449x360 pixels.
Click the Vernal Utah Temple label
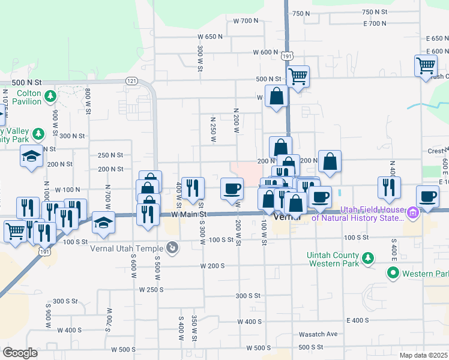point(127,248)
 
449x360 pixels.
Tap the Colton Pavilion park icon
point(50,95)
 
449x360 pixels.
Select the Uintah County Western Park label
point(333,259)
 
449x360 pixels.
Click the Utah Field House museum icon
point(413,212)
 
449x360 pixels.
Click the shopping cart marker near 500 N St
point(298,76)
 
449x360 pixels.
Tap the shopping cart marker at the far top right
point(426,66)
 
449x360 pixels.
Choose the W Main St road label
point(188,214)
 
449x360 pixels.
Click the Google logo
point(20,353)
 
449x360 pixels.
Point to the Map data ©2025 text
point(423,355)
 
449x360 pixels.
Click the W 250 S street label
point(151,289)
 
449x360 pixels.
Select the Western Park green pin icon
point(393,274)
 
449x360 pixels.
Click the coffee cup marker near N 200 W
point(232,189)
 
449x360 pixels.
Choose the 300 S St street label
point(248,296)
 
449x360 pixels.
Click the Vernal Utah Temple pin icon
point(172,247)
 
